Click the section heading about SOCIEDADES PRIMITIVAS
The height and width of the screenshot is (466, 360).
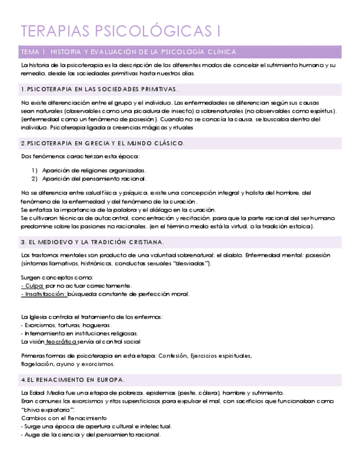pyautogui.click(x=99, y=89)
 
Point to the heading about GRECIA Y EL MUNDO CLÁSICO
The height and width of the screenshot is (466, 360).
pyautogui.click(x=103, y=143)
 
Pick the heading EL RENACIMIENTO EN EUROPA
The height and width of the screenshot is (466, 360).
pyautogui.click(x=73, y=380)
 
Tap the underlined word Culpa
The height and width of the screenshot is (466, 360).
pyautogui.click(x=34, y=286)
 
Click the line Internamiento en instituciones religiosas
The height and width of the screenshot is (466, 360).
pyautogui.click(x=79, y=333)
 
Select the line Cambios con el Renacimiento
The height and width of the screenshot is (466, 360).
pyautogui.click(x=64, y=418)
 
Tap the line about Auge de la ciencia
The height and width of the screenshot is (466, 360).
pyautogui.click(x=91, y=435)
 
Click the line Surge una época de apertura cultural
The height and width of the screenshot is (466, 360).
pyautogui.click(x=96, y=426)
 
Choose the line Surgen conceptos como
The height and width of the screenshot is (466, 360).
pyautogui.click(x=57, y=278)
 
